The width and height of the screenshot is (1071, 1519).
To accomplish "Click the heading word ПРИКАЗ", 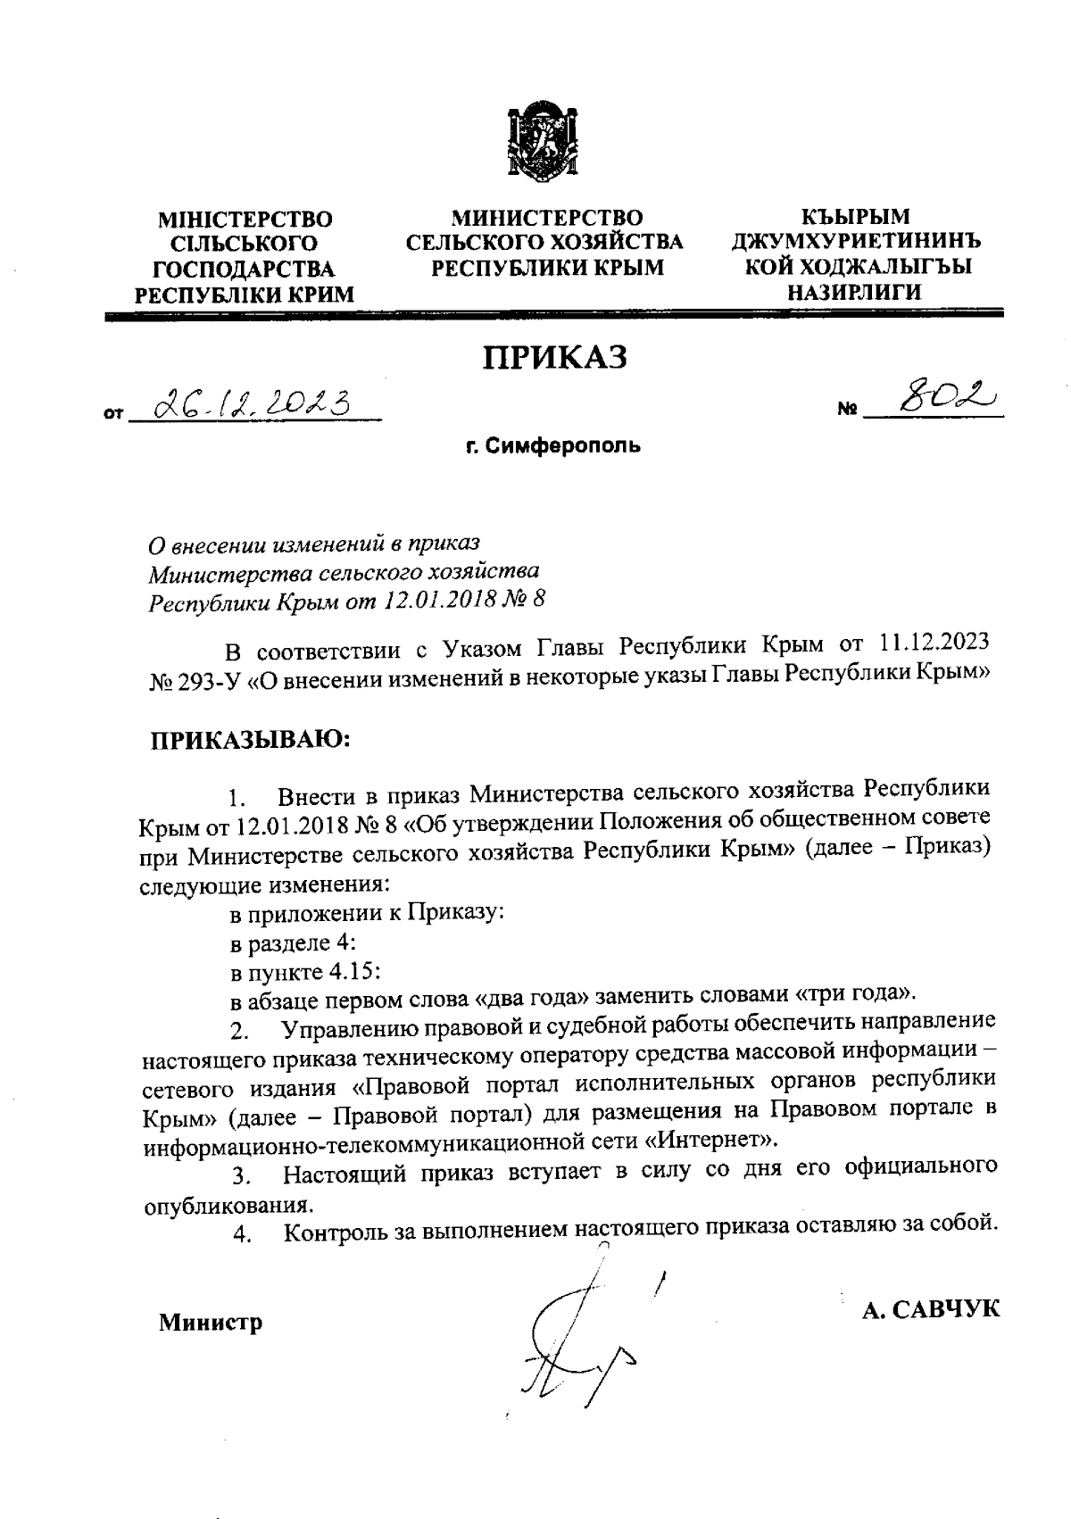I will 555,357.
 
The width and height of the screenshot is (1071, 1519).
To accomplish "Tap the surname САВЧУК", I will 944,1309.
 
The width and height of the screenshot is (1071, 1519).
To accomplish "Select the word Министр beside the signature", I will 211,1323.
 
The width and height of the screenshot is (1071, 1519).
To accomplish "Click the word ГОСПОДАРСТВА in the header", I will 245,270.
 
